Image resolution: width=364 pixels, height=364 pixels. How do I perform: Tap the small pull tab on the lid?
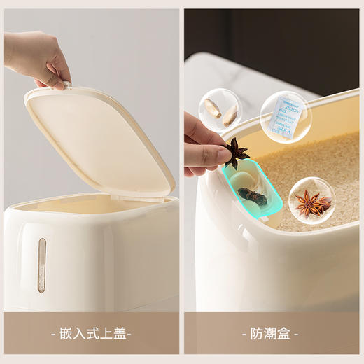tap(66, 85)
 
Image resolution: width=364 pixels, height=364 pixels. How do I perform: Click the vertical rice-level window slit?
tap(41, 265)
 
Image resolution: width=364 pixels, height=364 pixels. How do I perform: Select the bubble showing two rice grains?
tap(219, 110)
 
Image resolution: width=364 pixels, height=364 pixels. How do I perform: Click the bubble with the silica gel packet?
tap(286, 116)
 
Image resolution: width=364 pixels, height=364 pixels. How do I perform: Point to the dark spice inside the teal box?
tap(253, 195)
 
